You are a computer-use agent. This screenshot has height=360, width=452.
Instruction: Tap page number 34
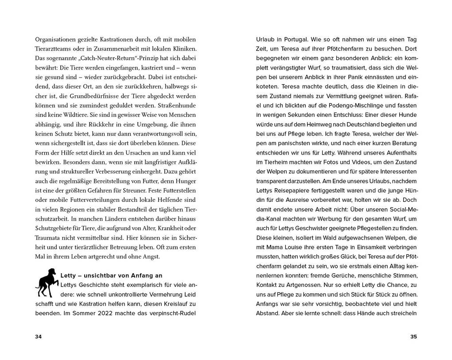38,337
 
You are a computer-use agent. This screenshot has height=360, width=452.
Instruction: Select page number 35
413,337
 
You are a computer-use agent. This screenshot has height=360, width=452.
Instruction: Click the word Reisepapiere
292,190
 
